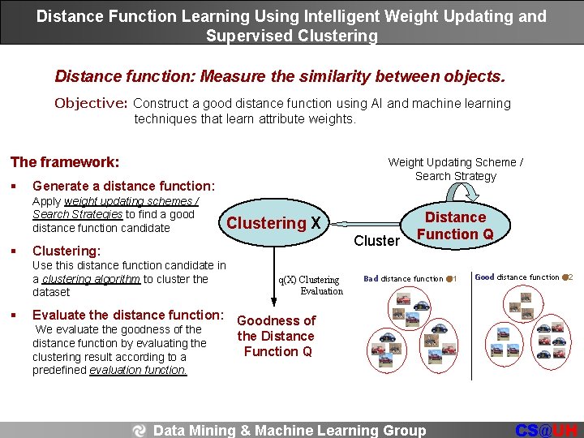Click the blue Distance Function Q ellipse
455,226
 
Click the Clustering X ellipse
274,223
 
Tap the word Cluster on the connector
376,241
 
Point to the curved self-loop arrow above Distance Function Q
466,191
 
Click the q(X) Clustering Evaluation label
310,285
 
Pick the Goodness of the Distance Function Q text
276,336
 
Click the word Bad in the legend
371,279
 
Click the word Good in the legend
484,277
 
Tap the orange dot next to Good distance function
565,277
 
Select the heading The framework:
64,162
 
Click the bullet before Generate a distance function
16,187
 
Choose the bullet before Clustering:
16,251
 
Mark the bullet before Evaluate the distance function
16,316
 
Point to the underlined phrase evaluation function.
138,370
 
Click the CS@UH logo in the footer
547,430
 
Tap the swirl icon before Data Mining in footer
140,431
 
